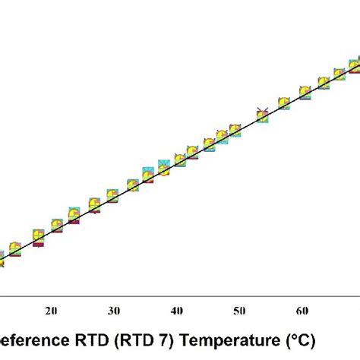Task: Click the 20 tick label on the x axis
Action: [x=52, y=311]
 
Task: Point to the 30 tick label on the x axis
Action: [x=114, y=311]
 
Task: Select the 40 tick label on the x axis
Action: [x=177, y=311]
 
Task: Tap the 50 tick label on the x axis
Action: [x=239, y=311]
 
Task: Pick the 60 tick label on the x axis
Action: [x=302, y=311]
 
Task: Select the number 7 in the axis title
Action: [x=169, y=338]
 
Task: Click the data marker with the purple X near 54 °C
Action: [x=262, y=115]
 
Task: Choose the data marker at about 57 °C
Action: [x=284, y=103]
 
